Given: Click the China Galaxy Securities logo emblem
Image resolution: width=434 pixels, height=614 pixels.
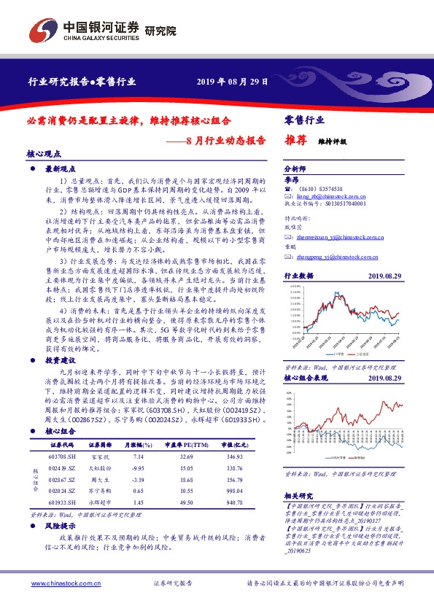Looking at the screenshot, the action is point(41,30).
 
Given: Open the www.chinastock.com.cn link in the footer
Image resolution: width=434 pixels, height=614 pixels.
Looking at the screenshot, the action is point(57,583).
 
